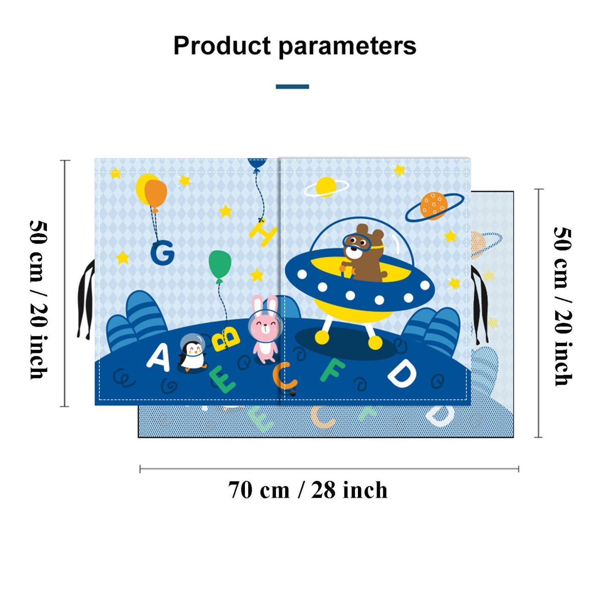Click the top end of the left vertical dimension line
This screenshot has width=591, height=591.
(x=65, y=160)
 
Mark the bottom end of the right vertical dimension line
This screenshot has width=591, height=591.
(x=538, y=437)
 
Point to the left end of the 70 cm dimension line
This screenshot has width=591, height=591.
(x=140, y=469)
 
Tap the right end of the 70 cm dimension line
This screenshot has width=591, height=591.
(x=518, y=469)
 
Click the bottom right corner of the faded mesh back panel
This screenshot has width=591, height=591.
(x=513, y=437)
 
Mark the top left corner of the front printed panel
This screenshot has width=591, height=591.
(x=95, y=159)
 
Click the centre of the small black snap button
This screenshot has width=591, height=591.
(x=293, y=393)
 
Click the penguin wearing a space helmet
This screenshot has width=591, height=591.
(x=192, y=352)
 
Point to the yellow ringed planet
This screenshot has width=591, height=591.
(x=326, y=187)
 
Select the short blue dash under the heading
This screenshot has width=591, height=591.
(x=292, y=87)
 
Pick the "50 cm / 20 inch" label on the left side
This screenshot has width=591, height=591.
(x=39, y=300)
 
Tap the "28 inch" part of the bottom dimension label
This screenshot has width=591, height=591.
(x=350, y=490)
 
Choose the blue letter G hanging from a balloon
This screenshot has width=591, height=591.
(x=162, y=253)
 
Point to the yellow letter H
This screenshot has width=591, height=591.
(x=263, y=232)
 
